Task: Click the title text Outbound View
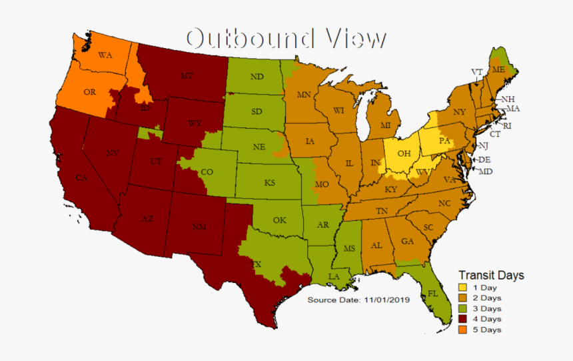286,38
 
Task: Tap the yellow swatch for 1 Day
462,288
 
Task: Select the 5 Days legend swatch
462,330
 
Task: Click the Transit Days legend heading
491,275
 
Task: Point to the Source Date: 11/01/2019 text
358,300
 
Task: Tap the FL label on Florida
432,293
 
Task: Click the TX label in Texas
255,264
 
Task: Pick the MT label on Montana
187,77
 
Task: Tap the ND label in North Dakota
257,77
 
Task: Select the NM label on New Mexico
199,227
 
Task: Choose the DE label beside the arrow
484,159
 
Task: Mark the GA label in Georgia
406,242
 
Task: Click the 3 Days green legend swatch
462,308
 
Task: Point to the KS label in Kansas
270,182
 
